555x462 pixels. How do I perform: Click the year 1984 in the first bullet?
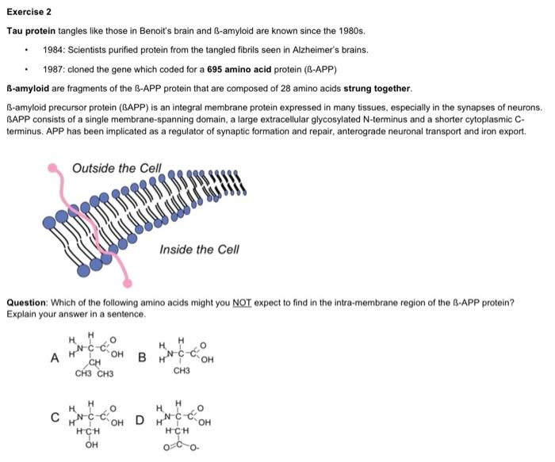point(53,50)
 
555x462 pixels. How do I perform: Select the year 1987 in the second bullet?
point(53,69)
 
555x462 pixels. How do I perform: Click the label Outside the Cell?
point(116,168)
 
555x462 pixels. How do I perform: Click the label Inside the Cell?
point(198,250)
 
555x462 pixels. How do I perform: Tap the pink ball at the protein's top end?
point(54,168)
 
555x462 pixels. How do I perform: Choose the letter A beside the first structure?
point(54,357)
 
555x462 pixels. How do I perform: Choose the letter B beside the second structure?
point(142,357)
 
